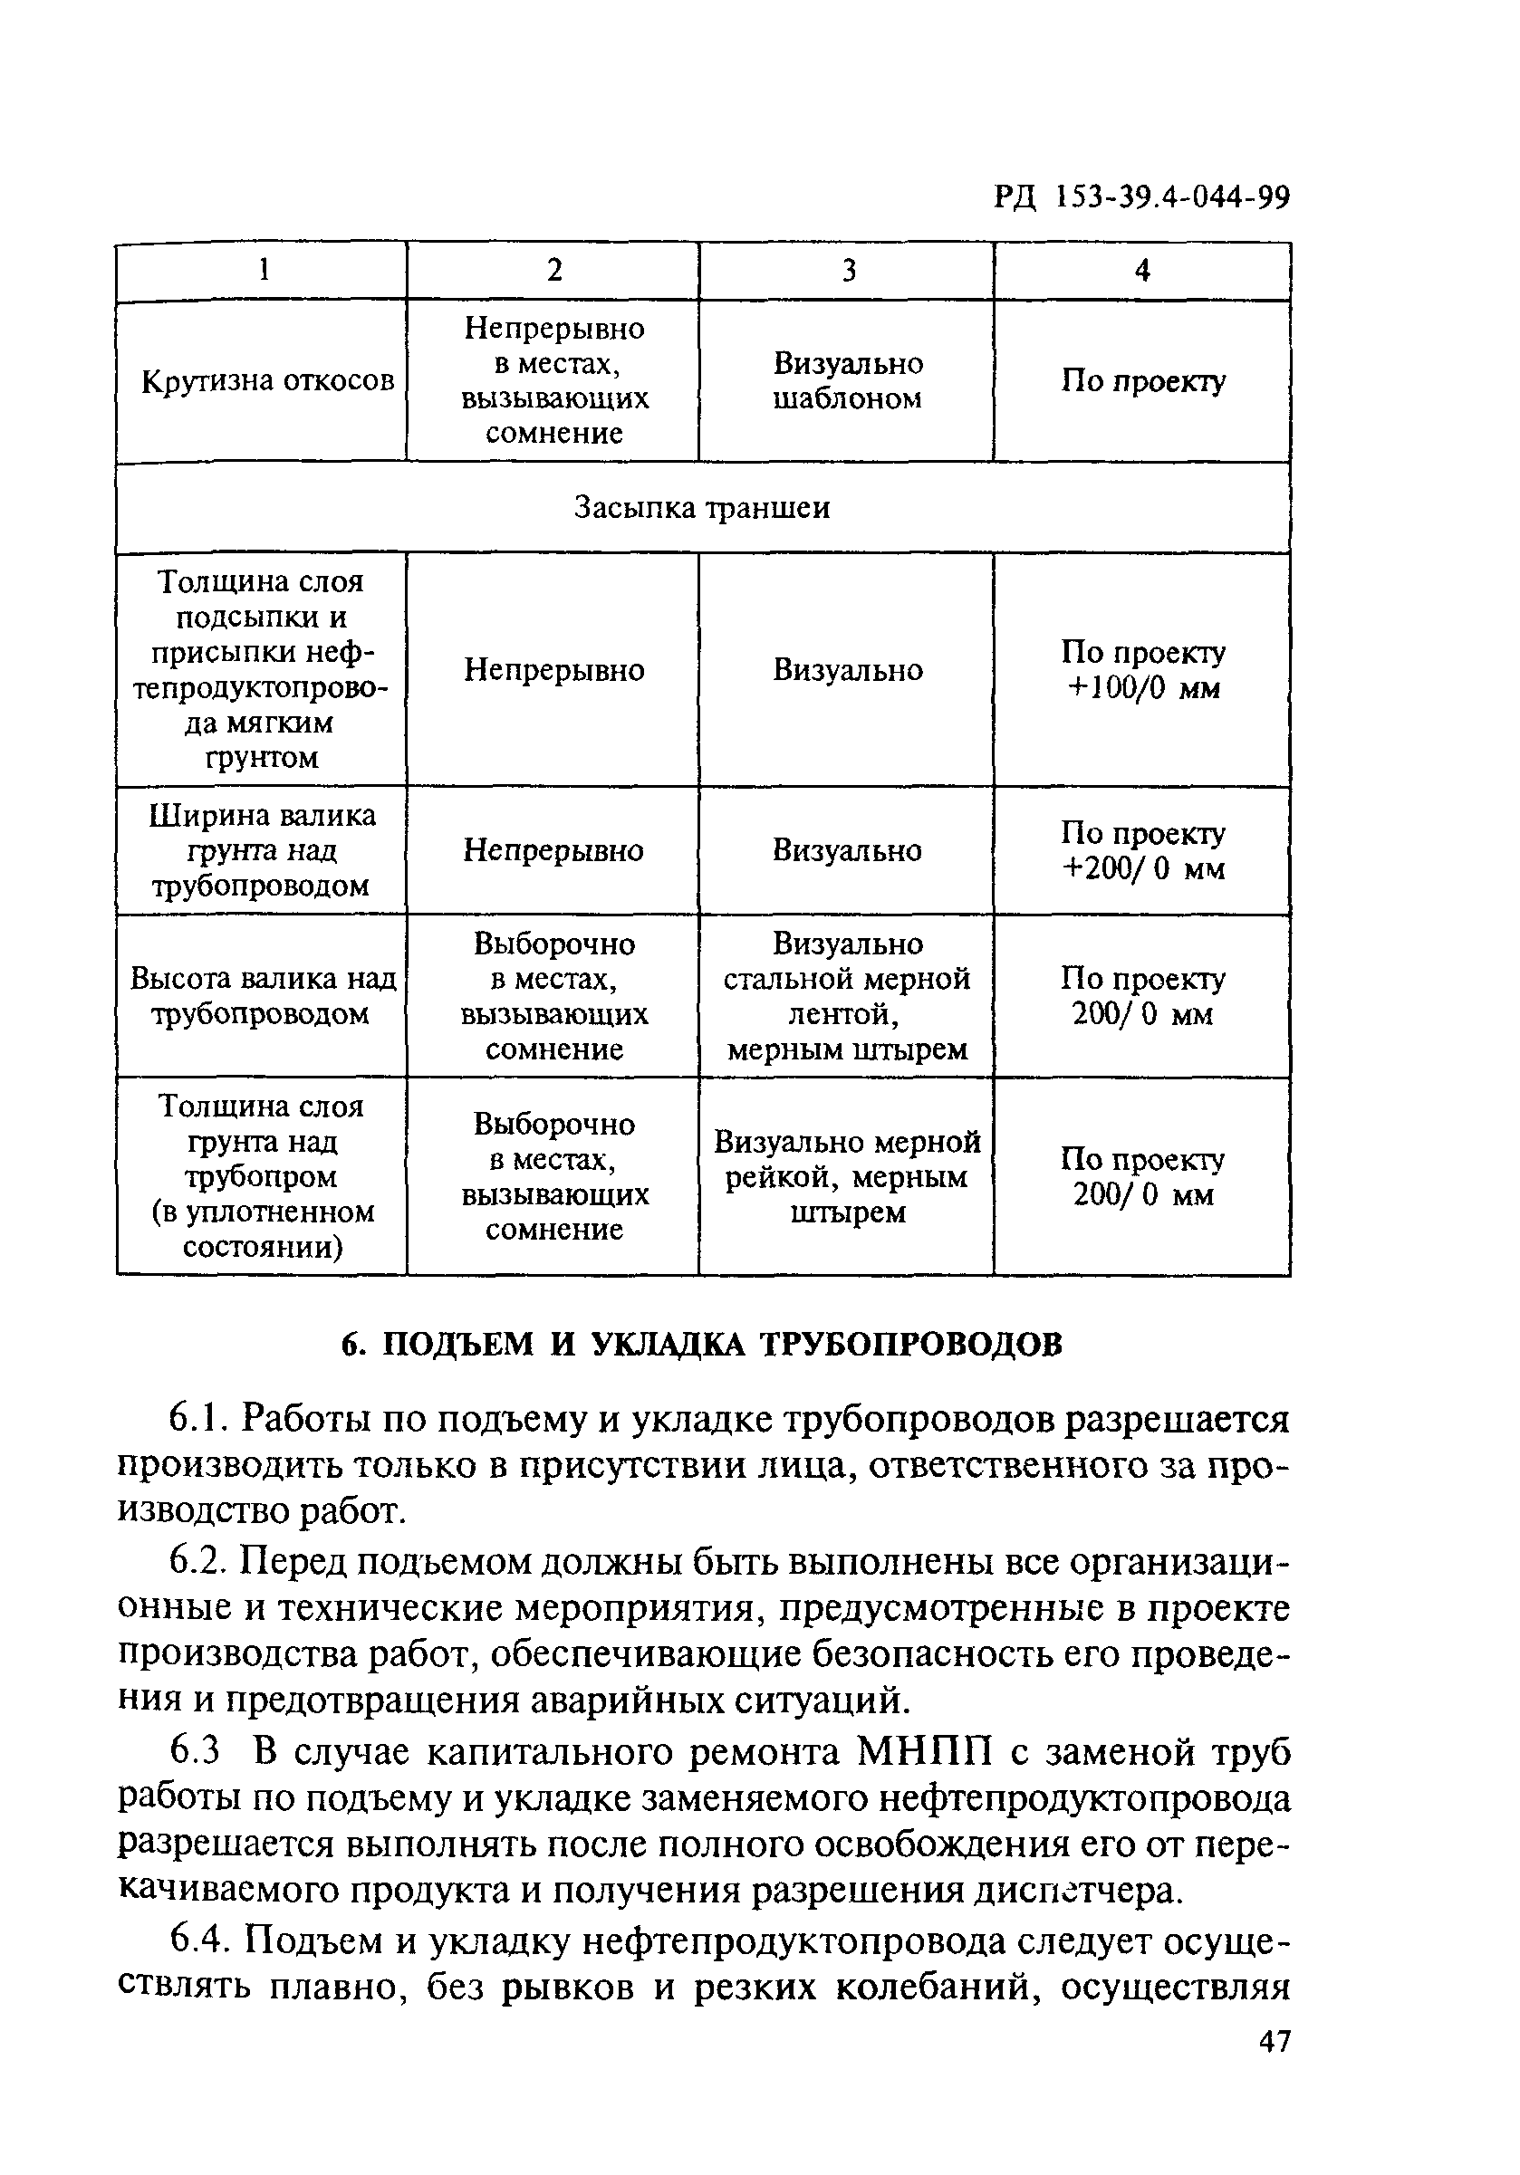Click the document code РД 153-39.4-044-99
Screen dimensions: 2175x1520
(1142, 197)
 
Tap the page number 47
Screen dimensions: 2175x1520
(1275, 2040)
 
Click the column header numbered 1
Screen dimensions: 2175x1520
(264, 271)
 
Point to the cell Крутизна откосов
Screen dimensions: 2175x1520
(267, 381)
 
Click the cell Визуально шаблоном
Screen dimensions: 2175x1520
(847, 381)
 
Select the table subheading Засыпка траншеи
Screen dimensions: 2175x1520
(702, 508)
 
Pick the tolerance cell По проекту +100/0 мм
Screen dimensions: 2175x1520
(1142, 670)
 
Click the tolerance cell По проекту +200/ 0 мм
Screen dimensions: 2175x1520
(1142, 850)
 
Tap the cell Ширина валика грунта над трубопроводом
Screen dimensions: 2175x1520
(262, 850)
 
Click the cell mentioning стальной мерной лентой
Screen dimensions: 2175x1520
(847, 996)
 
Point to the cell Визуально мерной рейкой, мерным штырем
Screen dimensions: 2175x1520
(847, 1176)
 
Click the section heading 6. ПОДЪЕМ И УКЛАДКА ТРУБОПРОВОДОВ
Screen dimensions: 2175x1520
(702, 1346)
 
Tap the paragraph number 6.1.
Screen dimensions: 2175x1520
(198, 1419)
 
